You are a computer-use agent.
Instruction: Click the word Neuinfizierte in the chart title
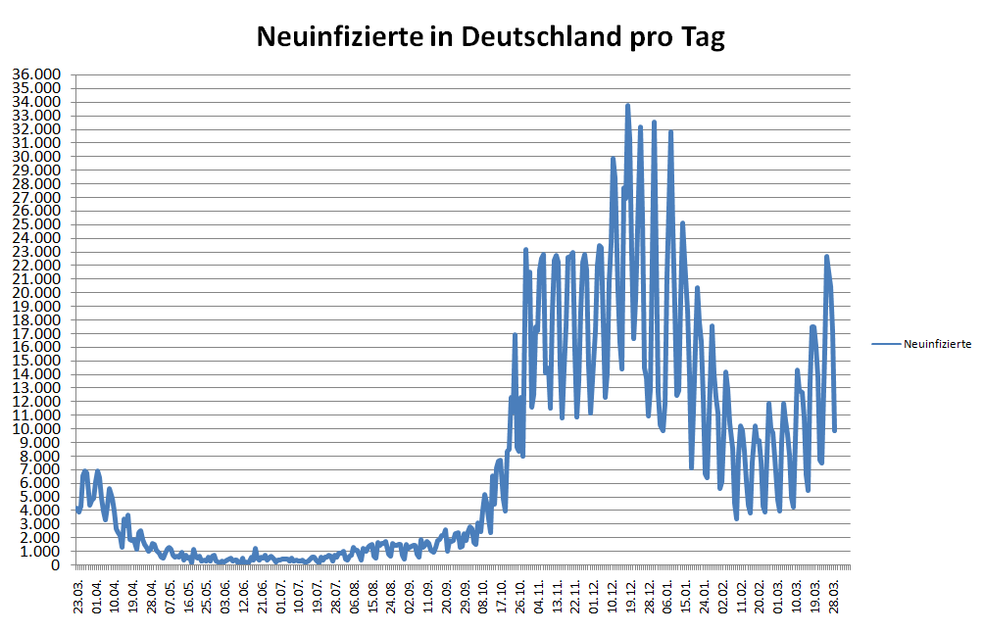(x=329, y=37)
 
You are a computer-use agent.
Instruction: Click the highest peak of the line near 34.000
(x=627, y=105)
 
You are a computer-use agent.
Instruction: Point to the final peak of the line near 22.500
(x=826, y=257)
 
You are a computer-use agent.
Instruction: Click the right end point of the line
(x=834, y=429)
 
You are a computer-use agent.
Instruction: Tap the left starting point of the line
(x=78, y=509)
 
